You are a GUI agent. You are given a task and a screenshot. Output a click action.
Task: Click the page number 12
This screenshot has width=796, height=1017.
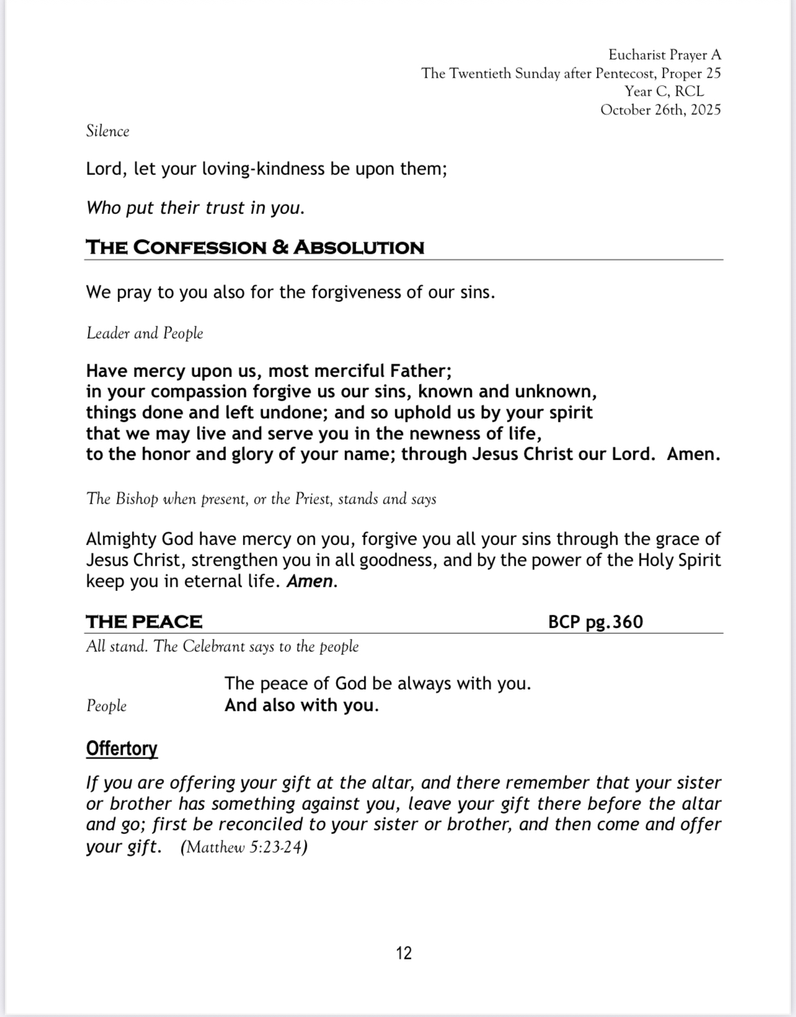404,953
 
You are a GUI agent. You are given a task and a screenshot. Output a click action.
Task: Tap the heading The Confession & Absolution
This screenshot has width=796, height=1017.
255,247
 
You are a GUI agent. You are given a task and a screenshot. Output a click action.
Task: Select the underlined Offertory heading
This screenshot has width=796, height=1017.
122,748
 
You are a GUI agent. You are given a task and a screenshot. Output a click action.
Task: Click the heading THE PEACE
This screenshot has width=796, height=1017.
144,621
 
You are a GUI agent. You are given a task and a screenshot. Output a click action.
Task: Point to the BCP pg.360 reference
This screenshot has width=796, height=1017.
595,621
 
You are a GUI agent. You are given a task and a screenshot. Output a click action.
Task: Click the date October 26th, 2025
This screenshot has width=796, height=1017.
660,110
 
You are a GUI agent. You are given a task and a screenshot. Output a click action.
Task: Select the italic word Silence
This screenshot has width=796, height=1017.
108,131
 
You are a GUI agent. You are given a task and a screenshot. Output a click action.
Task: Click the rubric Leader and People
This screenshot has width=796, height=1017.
144,333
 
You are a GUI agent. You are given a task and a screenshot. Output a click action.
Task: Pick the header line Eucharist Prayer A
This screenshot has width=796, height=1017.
665,55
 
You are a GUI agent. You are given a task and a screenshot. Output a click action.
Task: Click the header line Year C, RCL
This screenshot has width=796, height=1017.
664,91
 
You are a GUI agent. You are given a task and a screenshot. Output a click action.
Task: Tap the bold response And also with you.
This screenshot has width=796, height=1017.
301,705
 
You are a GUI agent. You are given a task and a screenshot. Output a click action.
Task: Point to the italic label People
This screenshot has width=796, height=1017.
106,706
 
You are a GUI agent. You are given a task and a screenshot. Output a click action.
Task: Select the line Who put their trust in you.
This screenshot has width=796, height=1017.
195,207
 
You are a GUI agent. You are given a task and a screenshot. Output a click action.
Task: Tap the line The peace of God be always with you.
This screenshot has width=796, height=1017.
378,683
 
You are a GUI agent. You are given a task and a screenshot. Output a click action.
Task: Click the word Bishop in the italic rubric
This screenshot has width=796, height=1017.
137,499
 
